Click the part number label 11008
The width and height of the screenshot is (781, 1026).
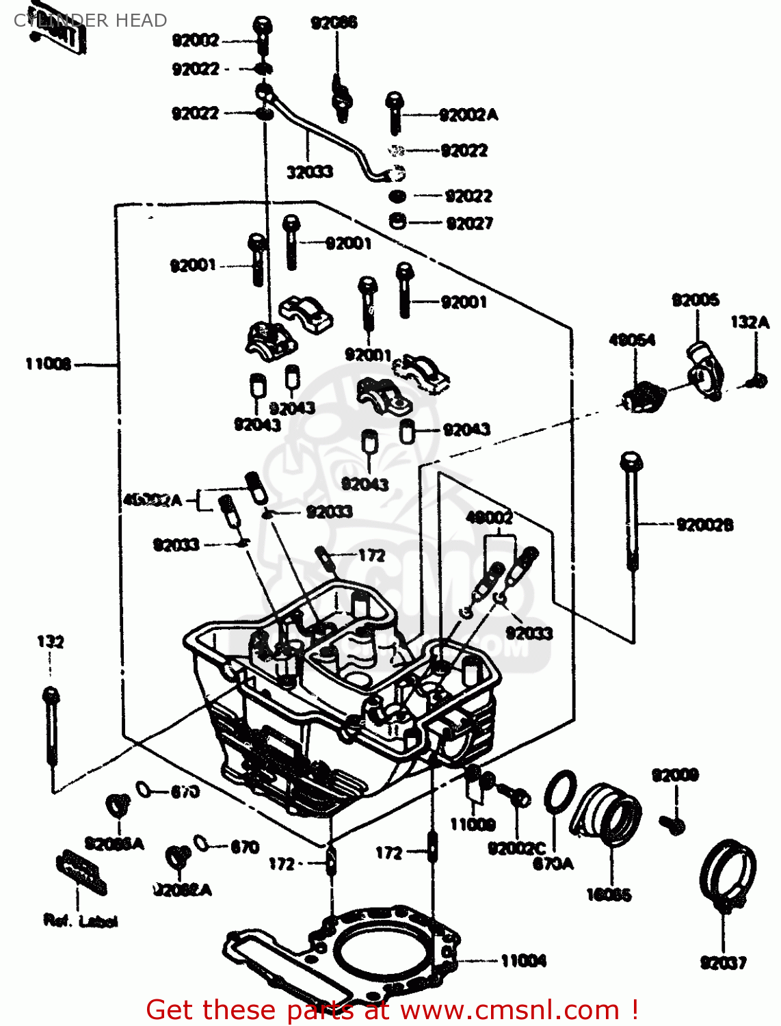(48, 364)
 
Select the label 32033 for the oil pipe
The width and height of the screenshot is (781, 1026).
(310, 172)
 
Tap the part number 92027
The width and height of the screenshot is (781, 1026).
(469, 223)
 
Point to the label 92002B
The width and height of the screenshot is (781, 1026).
(704, 525)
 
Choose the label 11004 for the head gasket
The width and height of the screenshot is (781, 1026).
(523, 961)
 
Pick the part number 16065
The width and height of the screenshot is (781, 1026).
(609, 894)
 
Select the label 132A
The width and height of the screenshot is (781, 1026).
(750, 321)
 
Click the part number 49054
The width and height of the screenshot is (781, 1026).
(632, 339)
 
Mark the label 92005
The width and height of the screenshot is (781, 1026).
(696, 300)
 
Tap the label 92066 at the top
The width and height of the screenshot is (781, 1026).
(334, 23)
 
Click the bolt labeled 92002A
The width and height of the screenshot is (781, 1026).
(394, 113)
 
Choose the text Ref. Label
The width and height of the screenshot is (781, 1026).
(80, 921)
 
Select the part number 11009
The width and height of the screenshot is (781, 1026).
(473, 824)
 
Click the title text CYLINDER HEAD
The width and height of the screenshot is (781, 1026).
(90, 21)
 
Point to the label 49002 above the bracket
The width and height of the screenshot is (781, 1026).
(489, 517)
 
